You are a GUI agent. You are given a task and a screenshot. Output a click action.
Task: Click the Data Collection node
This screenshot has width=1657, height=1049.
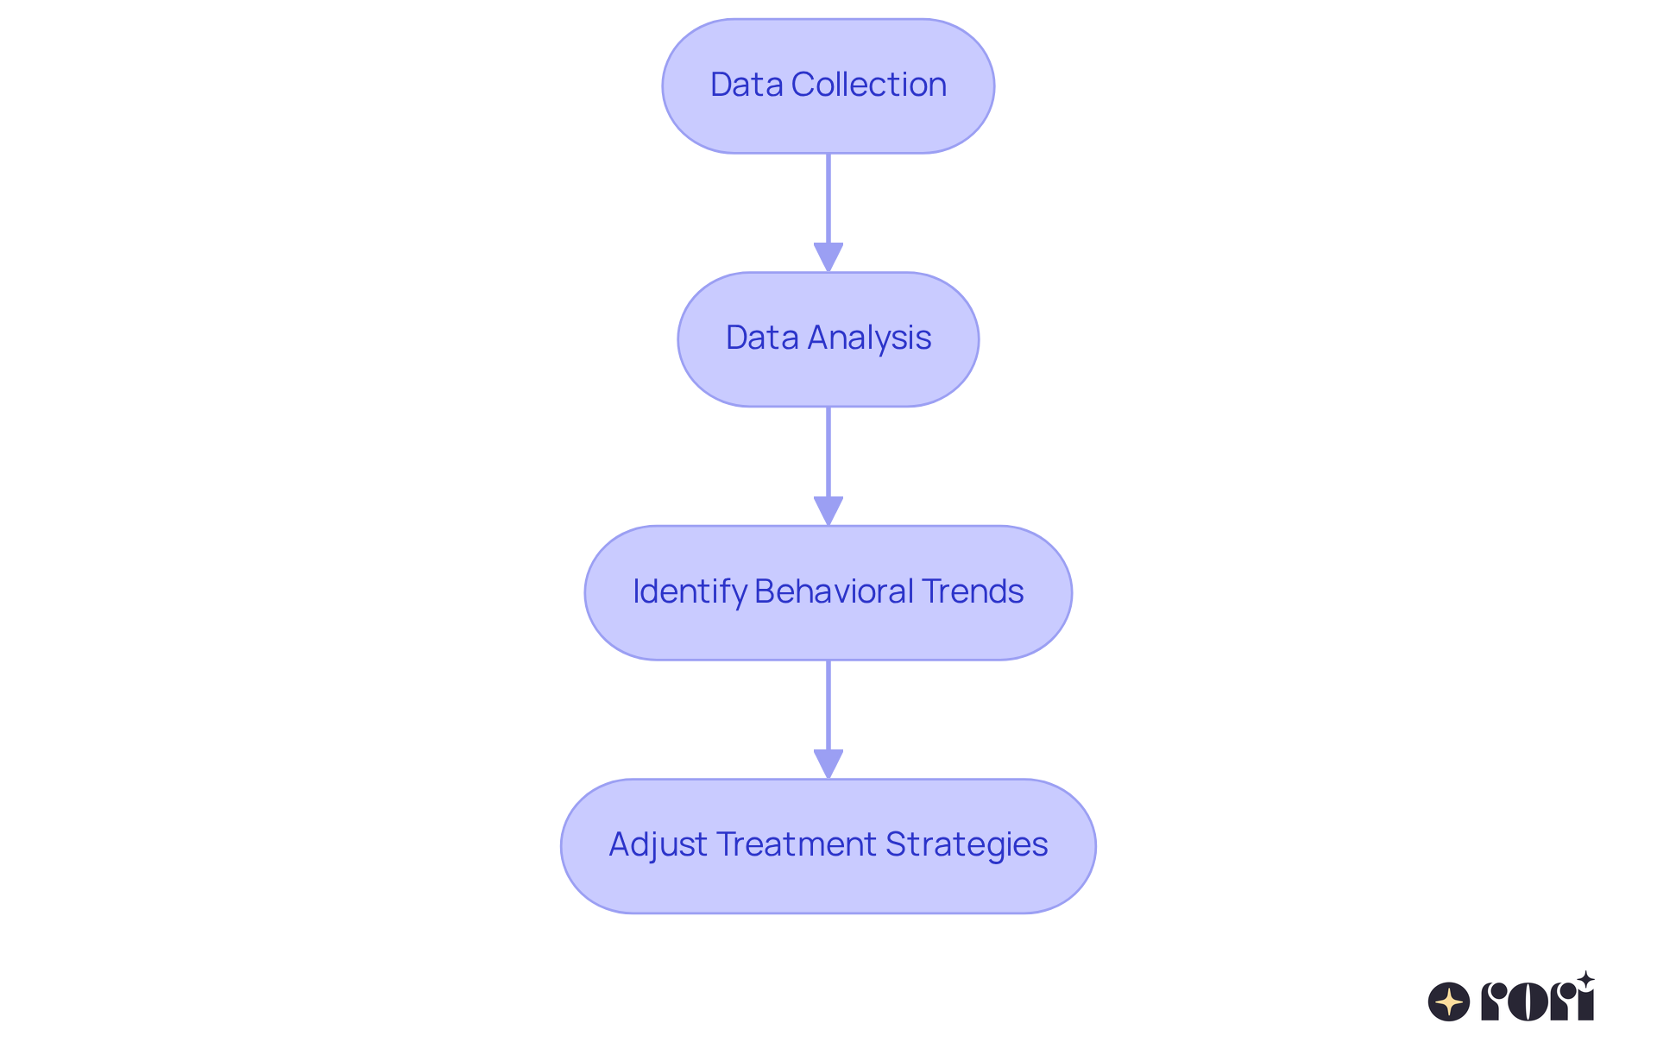[x=828, y=86]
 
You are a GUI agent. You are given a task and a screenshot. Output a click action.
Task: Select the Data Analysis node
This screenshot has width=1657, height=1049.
[x=828, y=339]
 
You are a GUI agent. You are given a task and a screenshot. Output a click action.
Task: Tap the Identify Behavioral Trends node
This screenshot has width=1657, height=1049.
[x=828, y=593]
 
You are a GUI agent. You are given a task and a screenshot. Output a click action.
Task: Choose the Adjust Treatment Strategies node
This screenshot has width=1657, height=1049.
[x=828, y=846]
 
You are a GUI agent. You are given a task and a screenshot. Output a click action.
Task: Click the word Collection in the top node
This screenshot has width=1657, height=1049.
[x=868, y=85]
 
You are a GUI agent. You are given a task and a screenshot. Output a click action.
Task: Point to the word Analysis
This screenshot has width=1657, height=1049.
[x=869, y=338]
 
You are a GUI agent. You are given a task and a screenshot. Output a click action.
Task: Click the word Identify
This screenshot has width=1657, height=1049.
[x=690, y=592]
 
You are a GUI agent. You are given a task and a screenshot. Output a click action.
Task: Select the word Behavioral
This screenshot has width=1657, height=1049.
[x=834, y=591]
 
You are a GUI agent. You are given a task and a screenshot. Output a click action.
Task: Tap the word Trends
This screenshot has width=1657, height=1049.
[x=972, y=591]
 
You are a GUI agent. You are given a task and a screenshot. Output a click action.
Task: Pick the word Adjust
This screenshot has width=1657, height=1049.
[x=658, y=844]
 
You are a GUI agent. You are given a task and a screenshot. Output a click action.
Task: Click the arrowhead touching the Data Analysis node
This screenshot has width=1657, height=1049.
[x=828, y=257]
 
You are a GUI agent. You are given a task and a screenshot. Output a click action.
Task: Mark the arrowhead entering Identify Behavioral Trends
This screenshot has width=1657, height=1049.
[x=828, y=510]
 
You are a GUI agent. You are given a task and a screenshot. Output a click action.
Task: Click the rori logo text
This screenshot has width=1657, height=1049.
[x=1537, y=1002]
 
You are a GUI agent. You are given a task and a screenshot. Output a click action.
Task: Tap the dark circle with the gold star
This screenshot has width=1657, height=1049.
[x=1449, y=1002]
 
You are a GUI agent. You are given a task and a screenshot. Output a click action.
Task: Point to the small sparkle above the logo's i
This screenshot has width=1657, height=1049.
[x=1585, y=980]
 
